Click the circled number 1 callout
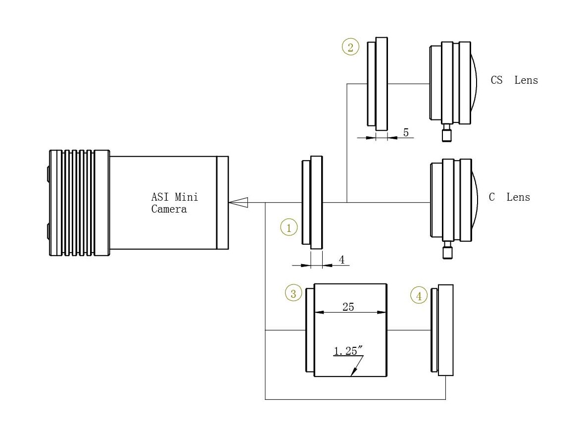tap(289, 227)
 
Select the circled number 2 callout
tap(350, 47)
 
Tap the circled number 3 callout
tap(293, 293)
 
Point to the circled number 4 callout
tap(419, 296)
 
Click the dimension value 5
tap(406, 132)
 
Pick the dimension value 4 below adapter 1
tap(341, 260)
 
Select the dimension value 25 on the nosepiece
tap(348, 307)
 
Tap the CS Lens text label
tap(514, 80)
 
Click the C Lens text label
tap(509, 197)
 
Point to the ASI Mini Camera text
tap(174, 203)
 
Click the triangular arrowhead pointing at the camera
tap(238, 203)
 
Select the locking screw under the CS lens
tap(446, 133)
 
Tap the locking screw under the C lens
tap(447, 250)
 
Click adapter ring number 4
tap(442, 330)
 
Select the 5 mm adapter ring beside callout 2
tap(378, 84)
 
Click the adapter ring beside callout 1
tap(312, 203)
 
